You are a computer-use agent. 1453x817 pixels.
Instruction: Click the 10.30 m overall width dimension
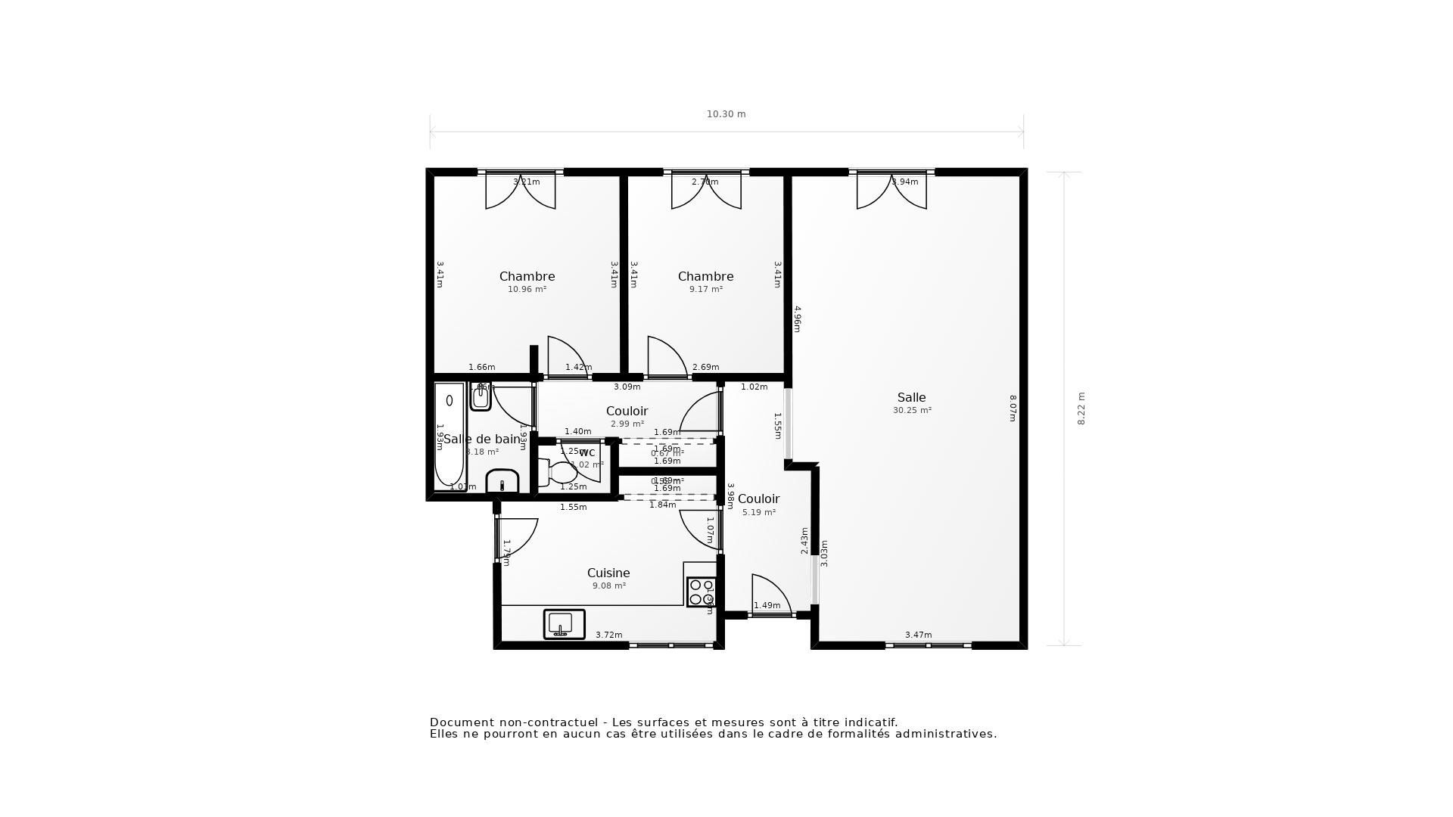726,114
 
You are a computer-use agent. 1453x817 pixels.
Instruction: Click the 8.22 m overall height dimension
1081,408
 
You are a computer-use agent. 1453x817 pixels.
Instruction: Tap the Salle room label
911,397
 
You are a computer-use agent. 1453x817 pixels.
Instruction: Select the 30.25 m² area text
912,411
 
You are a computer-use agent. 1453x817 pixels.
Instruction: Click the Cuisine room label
608,573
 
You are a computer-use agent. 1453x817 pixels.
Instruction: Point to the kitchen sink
564,624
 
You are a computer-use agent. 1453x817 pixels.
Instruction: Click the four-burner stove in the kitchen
702,592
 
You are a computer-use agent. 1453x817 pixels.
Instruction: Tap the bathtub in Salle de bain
449,436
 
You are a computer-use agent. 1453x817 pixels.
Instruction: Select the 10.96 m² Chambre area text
527,290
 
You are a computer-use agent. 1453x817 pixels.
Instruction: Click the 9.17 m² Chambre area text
705,290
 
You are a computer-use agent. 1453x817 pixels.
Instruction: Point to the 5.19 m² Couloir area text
758,513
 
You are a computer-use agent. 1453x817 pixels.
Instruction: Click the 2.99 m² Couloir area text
627,424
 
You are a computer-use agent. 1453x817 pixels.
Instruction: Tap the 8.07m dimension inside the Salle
1013,408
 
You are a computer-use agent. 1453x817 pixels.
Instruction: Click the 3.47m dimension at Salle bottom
918,635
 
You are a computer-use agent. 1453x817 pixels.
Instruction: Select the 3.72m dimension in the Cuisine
608,635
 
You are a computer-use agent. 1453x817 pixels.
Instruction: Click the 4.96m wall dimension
797,318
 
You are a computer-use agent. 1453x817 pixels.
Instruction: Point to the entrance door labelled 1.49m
770,598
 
